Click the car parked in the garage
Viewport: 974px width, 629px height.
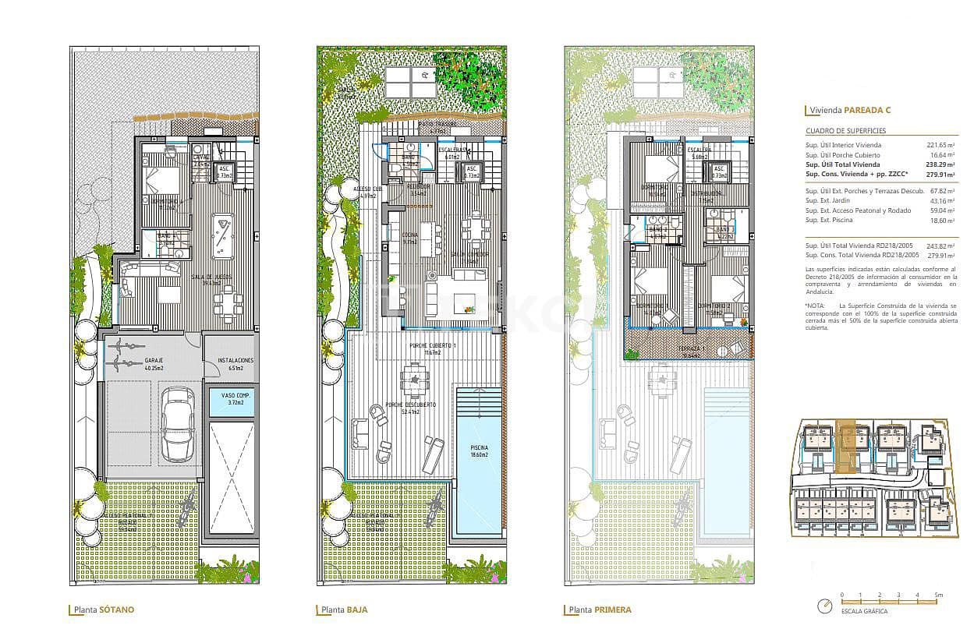coord(179,425)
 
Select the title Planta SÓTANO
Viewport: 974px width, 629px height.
coord(104,610)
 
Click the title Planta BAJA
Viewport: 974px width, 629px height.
coord(344,610)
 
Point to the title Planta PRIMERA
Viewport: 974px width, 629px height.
coord(600,610)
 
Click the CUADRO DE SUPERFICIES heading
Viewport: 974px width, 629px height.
coord(846,131)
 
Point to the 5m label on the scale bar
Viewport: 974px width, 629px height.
coord(938,595)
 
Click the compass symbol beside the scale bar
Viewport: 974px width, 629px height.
coord(823,606)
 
